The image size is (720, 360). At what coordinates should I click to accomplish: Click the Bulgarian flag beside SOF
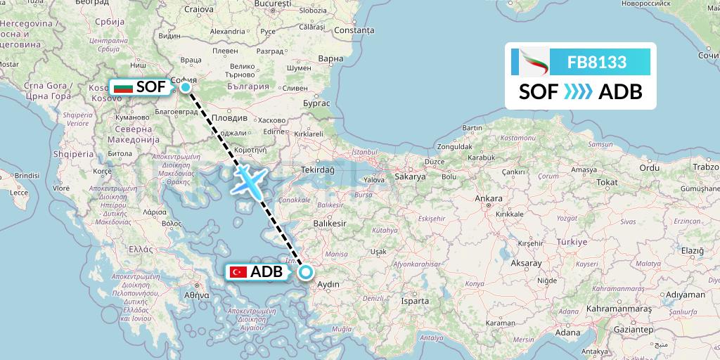click(123, 88)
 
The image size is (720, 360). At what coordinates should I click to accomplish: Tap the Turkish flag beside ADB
click(238, 272)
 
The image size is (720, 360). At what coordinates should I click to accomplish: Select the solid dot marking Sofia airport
click(185, 87)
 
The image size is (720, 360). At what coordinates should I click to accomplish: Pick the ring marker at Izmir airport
click(306, 271)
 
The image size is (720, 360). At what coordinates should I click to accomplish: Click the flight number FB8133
click(597, 63)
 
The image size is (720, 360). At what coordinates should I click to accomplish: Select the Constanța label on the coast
click(354, 31)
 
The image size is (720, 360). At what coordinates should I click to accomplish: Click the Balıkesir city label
click(330, 223)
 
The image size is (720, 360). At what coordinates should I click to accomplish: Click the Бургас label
click(316, 103)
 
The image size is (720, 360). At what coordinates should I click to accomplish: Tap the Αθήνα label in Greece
click(197, 296)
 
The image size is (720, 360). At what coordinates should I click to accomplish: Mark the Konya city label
click(475, 283)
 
